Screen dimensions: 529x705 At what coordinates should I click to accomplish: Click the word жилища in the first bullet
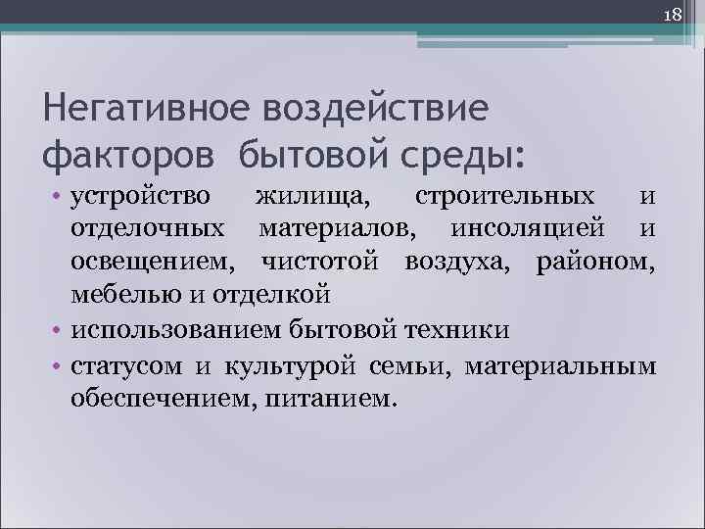(313, 198)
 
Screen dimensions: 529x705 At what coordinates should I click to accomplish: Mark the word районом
(596, 263)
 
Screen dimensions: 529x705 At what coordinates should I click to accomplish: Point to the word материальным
(560, 367)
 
